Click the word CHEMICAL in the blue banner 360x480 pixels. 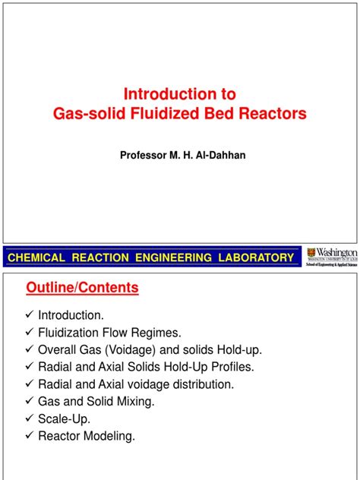[36, 258]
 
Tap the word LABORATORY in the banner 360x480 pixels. [254, 258]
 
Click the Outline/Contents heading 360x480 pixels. [83, 289]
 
